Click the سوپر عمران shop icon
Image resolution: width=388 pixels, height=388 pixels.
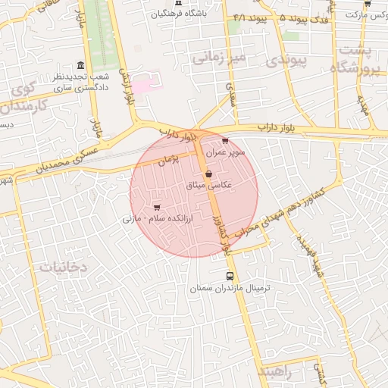[x=225, y=141]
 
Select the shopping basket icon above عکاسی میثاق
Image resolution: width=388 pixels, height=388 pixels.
[x=208, y=174]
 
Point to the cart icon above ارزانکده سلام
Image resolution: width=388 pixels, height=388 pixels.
[x=157, y=207]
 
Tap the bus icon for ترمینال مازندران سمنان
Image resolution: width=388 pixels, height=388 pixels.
[x=230, y=276]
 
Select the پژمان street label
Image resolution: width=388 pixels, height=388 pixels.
[x=168, y=160]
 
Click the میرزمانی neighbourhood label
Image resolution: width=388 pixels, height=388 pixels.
[x=218, y=57]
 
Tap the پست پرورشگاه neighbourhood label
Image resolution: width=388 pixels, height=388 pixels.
[x=355, y=58]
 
